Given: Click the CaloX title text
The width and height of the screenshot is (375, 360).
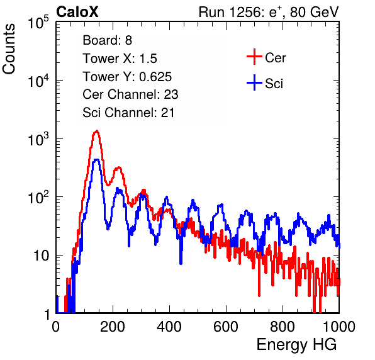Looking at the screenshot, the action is point(77,12).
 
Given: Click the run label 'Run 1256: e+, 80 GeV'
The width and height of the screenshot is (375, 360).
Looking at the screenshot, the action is point(269,12).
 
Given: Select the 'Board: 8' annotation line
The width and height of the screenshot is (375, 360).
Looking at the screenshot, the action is point(107,40).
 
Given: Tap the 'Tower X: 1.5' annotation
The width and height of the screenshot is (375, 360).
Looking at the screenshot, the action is point(120,59).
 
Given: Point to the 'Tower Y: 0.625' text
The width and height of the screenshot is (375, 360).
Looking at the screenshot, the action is point(127,77).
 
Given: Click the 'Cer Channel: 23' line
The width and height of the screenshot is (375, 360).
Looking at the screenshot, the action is point(130,94).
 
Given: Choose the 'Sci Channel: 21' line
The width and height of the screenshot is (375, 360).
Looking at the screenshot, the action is point(128,113).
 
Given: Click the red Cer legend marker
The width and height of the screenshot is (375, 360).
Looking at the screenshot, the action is point(254,57).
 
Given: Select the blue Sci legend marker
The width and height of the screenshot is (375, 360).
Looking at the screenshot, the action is point(254,82).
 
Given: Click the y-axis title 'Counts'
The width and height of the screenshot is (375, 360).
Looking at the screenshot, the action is point(9,49).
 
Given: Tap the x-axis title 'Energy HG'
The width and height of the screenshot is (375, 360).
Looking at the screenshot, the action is point(296,345).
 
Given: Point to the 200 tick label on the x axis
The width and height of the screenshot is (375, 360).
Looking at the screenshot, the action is point(113,327).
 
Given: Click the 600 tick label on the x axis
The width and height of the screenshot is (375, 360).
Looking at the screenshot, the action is point(226,327).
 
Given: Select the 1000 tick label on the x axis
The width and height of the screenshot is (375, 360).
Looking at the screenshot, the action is point(339,327).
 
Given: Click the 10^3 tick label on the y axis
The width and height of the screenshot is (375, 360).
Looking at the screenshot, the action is point(38,139).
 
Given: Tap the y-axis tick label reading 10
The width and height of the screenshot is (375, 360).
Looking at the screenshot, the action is point(42,256).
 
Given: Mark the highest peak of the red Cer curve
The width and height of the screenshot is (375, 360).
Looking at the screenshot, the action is point(97,131).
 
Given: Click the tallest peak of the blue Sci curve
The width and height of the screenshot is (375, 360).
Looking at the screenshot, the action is point(96,159).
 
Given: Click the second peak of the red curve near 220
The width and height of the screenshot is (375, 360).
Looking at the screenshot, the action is point(118,168).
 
